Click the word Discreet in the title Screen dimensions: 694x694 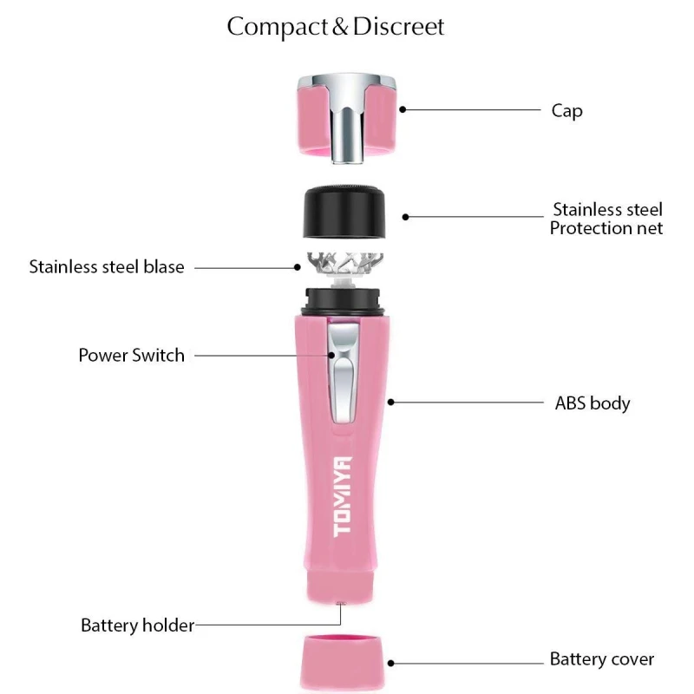(x=398, y=27)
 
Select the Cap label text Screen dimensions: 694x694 (x=566, y=110)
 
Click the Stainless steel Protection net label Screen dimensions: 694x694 (x=606, y=219)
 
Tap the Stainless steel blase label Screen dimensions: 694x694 (x=107, y=266)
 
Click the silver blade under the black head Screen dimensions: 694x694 (x=346, y=264)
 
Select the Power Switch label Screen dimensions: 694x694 (x=131, y=355)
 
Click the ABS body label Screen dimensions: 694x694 (x=593, y=403)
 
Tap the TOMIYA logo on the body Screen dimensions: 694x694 (x=342, y=495)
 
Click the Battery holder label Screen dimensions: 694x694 (x=137, y=625)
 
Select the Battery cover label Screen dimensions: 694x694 (x=602, y=659)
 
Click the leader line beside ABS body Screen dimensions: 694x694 (x=468, y=402)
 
